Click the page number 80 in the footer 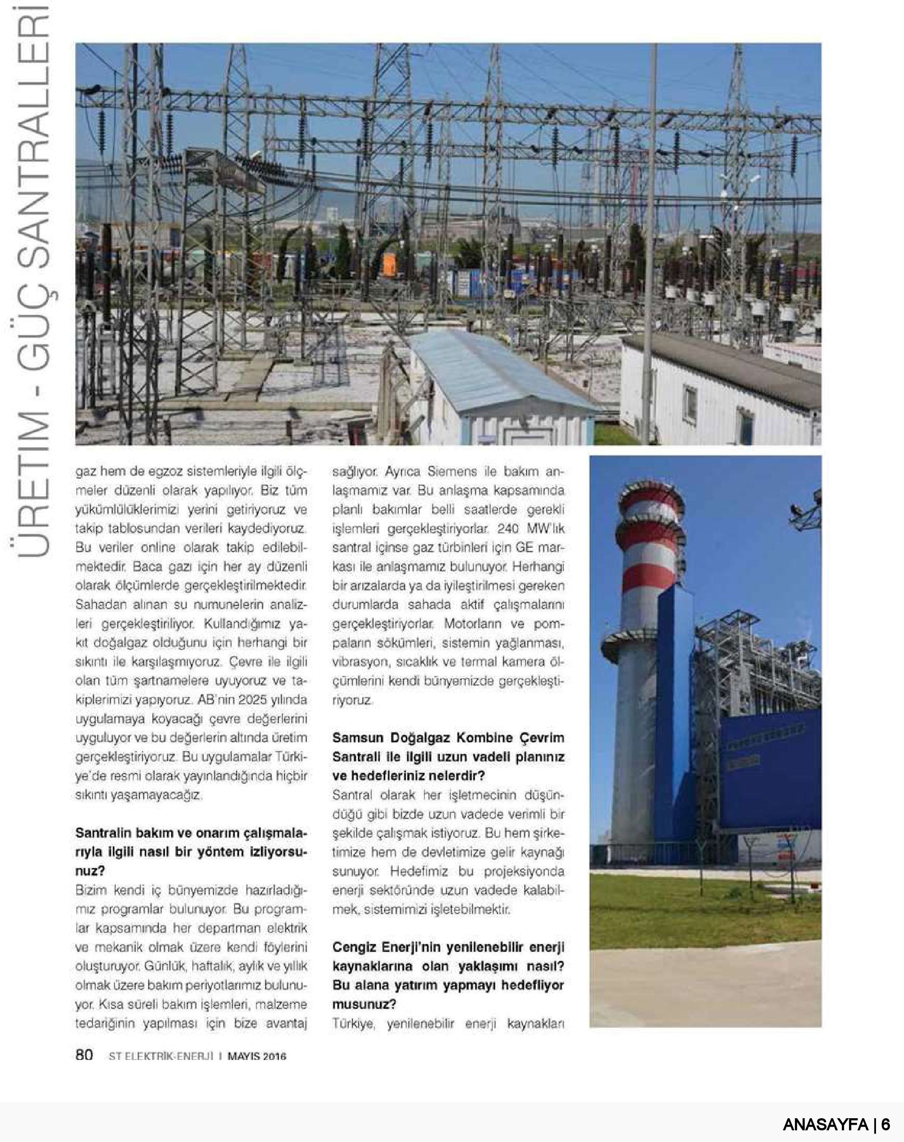(x=84, y=1055)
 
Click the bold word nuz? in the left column (x=90, y=870)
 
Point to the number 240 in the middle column (x=508, y=528)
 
